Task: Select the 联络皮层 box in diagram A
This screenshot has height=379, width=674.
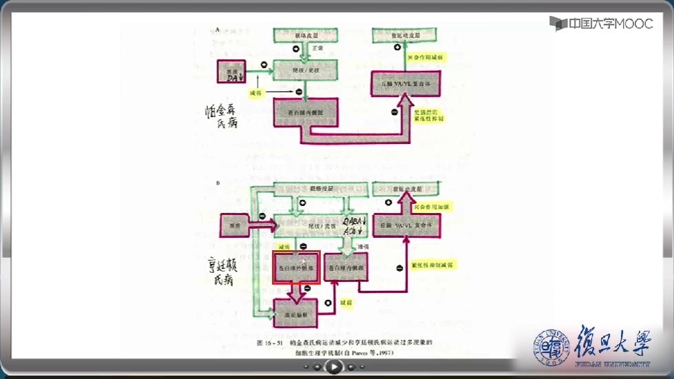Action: (304, 34)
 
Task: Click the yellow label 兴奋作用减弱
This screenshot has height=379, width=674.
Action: (425, 57)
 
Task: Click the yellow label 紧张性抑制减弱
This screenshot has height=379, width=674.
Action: (431, 264)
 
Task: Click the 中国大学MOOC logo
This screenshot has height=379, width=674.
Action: (601, 23)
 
